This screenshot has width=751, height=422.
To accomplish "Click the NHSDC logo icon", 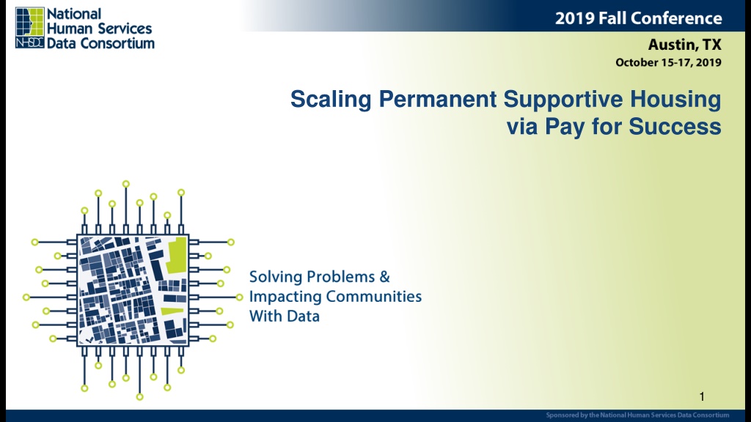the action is click(x=29, y=28).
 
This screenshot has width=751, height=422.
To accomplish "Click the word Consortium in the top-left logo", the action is click(x=117, y=43).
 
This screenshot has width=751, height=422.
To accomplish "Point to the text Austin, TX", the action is click(x=684, y=45).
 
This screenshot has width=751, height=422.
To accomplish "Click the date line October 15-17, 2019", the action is click(x=668, y=62).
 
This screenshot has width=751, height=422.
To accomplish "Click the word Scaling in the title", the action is click(x=331, y=100).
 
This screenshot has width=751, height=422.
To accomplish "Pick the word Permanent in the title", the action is click(x=437, y=99).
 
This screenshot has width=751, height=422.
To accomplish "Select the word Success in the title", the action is click(x=675, y=127).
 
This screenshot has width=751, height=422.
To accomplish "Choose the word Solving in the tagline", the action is click(x=276, y=277).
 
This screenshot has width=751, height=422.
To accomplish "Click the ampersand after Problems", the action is click(x=384, y=276).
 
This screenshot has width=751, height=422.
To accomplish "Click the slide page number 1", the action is click(x=702, y=396).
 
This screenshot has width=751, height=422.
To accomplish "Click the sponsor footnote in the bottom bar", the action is click(x=637, y=415).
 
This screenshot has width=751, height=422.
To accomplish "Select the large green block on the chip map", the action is click(x=176, y=255).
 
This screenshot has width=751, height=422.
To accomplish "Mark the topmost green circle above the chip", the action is click(x=126, y=184).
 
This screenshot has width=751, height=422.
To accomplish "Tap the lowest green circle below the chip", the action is click(x=140, y=396).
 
